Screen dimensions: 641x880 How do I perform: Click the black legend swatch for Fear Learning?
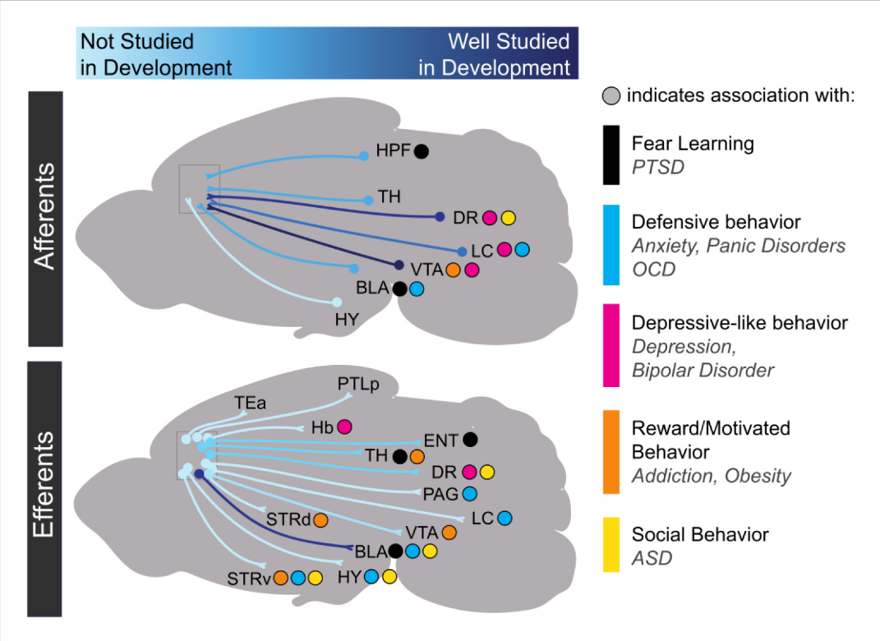(x=611, y=154)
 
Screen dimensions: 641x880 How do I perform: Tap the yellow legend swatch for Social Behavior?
(x=611, y=545)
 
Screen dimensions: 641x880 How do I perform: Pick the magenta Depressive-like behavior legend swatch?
(x=611, y=344)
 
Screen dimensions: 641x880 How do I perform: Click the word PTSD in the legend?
(x=657, y=167)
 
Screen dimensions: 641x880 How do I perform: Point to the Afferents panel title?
(x=46, y=217)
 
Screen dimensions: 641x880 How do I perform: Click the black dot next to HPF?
(x=422, y=151)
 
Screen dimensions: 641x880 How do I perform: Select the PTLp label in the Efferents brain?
(x=358, y=384)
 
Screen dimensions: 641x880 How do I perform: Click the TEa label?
(x=250, y=403)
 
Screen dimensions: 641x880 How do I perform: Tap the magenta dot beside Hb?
(x=344, y=427)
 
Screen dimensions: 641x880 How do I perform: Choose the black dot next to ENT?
(x=470, y=440)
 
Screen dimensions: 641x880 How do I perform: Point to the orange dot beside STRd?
(x=320, y=519)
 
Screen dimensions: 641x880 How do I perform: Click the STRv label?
(x=249, y=578)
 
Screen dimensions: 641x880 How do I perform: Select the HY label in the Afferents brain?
(x=348, y=320)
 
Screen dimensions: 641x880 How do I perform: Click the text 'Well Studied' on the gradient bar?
(x=509, y=41)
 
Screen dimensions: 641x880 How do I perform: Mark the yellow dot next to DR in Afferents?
(x=508, y=218)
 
